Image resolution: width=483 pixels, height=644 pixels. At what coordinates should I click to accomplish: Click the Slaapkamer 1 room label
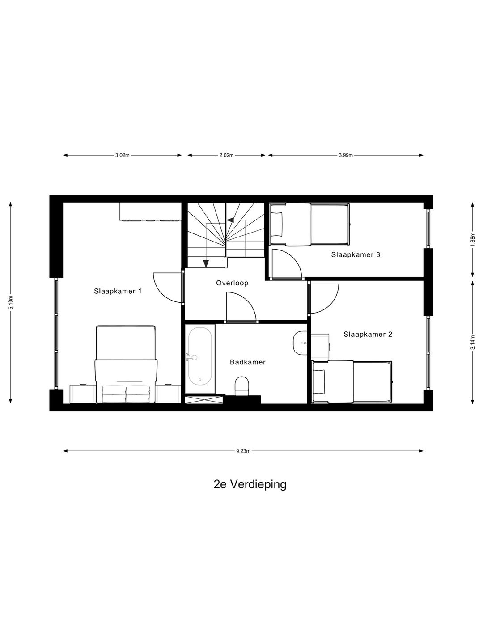click(x=118, y=291)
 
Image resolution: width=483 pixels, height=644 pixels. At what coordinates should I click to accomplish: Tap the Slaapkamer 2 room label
click(x=368, y=334)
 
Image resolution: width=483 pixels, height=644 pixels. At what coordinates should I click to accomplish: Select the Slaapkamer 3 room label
click(x=356, y=254)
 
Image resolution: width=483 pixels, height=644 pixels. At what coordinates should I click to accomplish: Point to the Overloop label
click(x=232, y=283)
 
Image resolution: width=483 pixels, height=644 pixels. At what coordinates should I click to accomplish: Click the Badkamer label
click(x=248, y=362)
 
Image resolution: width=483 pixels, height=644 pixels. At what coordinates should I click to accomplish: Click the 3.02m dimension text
click(x=122, y=156)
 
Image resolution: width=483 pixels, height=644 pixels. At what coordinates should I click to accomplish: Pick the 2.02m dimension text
click(x=226, y=156)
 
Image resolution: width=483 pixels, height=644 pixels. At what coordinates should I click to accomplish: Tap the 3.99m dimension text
click(x=346, y=156)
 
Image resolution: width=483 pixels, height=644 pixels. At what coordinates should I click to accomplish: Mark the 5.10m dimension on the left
click(x=11, y=303)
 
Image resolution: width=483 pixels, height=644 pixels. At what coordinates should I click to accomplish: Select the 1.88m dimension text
click(x=472, y=239)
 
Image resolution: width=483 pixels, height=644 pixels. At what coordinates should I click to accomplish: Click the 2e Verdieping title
click(x=250, y=484)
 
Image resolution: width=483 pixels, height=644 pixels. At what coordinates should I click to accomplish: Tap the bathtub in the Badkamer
click(x=200, y=356)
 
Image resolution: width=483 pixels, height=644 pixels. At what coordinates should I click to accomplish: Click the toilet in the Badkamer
click(x=242, y=386)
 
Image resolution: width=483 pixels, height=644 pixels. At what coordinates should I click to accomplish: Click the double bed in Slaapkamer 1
click(x=126, y=364)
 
